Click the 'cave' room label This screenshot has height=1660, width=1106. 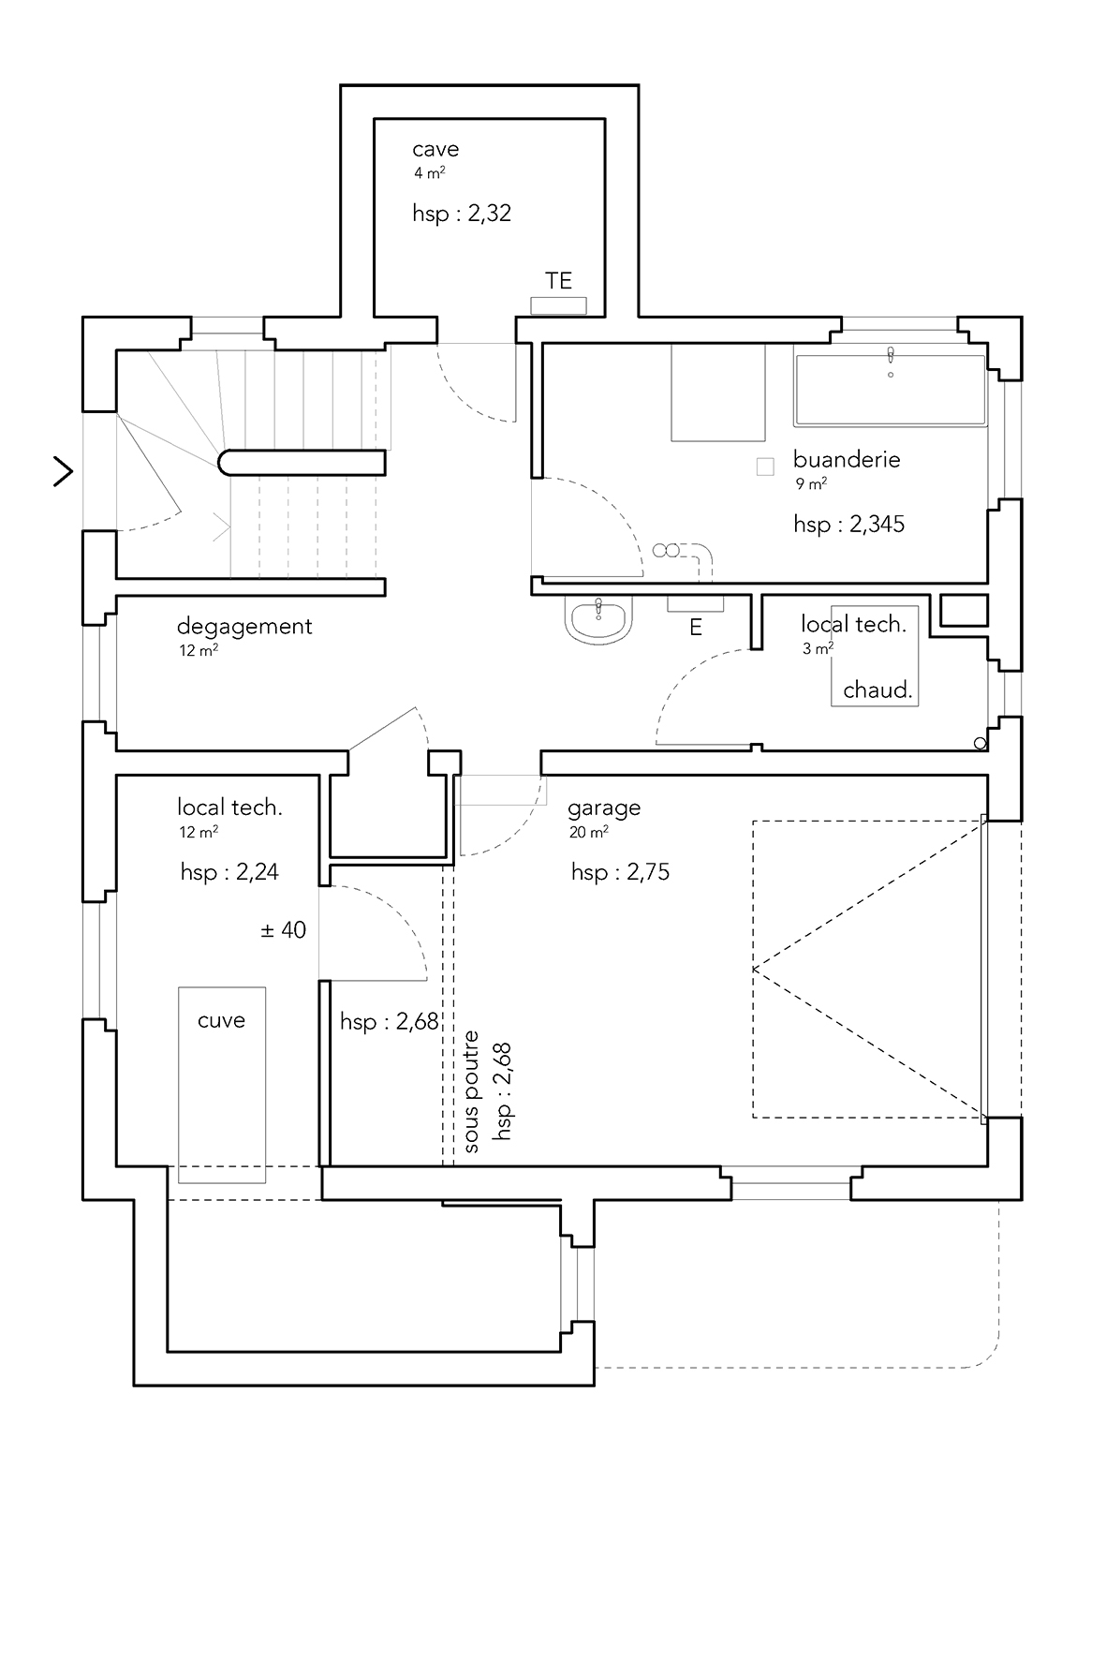(435, 149)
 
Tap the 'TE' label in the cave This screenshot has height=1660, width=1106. (559, 280)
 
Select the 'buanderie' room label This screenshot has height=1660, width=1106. (847, 459)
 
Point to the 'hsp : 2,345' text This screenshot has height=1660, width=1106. (848, 524)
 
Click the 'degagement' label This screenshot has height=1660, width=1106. (244, 627)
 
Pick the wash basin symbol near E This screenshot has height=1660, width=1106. (599, 620)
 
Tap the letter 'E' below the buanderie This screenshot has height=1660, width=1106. (696, 628)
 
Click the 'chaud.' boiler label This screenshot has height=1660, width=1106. (877, 690)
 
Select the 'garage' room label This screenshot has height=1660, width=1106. (604, 808)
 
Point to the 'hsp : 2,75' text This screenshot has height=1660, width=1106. (620, 872)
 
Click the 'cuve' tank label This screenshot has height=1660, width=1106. (221, 1020)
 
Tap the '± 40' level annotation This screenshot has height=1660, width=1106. (283, 929)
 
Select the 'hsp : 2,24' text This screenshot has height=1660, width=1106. (229, 872)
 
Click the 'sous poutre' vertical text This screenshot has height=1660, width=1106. (471, 1091)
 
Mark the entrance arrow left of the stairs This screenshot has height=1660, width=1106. (64, 471)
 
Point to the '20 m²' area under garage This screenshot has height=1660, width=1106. (589, 831)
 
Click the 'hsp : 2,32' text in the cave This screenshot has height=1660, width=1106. (462, 213)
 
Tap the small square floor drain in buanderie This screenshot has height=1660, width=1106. (765, 467)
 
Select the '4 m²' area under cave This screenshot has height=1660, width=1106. (430, 172)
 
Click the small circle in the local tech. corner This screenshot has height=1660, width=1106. (980, 744)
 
